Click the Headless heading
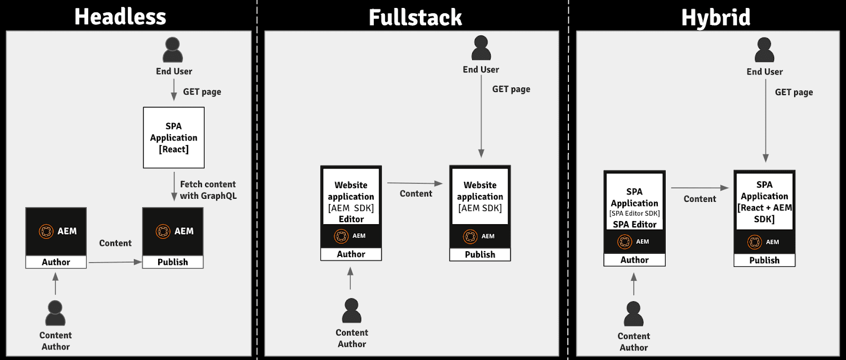point(121,16)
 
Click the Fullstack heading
point(415,17)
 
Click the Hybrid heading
point(715,17)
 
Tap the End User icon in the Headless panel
point(173,50)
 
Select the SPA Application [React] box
point(173,137)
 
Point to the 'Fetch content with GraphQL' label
point(208,190)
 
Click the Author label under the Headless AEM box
point(56,262)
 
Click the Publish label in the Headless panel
point(172,262)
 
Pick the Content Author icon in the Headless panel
point(55,313)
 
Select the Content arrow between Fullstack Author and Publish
point(415,183)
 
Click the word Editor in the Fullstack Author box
point(351,219)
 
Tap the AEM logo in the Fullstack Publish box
point(470,236)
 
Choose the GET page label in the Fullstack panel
point(511,89)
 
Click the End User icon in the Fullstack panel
point(481,48)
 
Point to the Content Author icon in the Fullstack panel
point(352,311)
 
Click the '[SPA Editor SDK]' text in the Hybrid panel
point(635,214)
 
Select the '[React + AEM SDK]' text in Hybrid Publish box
point(765,214)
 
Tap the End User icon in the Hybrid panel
point(765,50)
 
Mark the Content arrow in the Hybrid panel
point(700,188)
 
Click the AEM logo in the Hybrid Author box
point(625,242)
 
